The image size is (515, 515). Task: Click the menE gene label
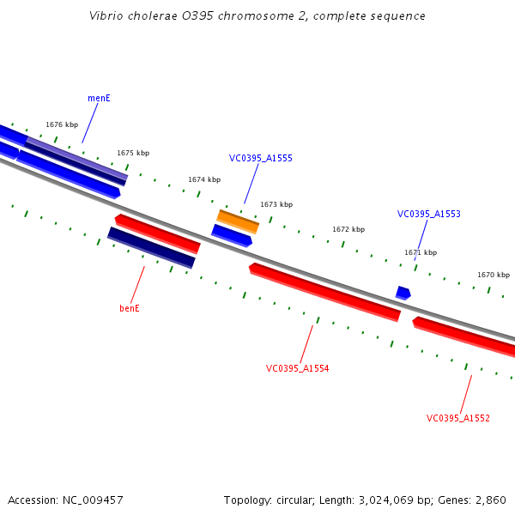pos(99,98)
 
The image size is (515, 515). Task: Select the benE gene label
pos(129,308)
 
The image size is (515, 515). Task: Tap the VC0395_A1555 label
pos(260,158)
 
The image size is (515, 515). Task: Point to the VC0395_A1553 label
pos(428,214)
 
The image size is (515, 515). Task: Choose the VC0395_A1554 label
pos(297,368)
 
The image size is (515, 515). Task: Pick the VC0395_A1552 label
pos(457,418)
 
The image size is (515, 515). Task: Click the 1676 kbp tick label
pos(62,124)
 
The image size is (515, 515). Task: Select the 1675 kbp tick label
pos(133,153)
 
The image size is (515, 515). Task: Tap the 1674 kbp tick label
pos(204,179)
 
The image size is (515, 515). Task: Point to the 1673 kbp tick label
pos(276,204)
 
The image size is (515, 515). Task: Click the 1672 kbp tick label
pos(348,229)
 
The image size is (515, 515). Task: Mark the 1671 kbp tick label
pos(421,252)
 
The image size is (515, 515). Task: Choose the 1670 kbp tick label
pos(494,275)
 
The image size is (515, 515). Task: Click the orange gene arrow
pos(238,221)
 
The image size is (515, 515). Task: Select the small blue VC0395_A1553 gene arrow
pos(403,293)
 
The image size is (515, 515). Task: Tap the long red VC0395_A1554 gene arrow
pos(324,292)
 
